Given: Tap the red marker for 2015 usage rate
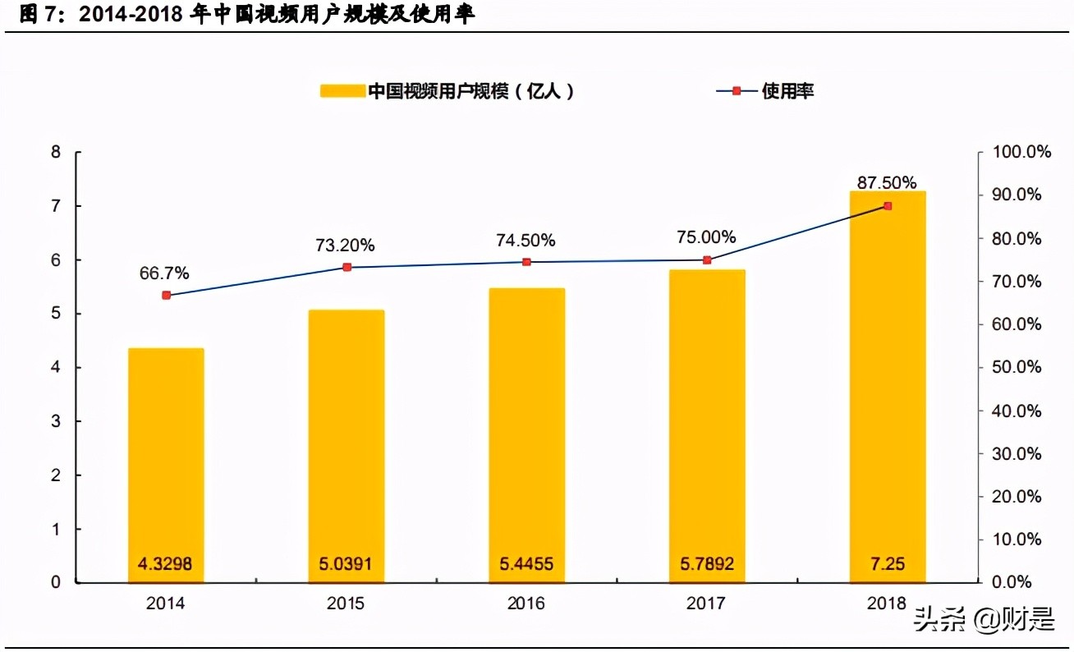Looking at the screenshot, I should (347, 267).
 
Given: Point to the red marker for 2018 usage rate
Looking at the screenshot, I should (888, 205).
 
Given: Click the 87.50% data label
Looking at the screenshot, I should (887, 182).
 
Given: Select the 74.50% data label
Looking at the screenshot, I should (526, 240).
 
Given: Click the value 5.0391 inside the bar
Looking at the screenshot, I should (346, 564).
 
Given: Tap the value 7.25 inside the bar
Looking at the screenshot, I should (887, 564).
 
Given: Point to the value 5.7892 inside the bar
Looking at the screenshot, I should (706, 564).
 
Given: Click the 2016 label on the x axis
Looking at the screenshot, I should (526, 604).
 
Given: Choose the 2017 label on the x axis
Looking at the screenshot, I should (706, 604).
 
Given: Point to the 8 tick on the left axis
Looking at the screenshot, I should (56, 152).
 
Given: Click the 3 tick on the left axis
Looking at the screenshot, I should (56, 421).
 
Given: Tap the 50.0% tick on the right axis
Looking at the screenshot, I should (1017, 367).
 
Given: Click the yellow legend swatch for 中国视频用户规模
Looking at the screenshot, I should (342, 91).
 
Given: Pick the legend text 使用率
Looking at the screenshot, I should (787, 91).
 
